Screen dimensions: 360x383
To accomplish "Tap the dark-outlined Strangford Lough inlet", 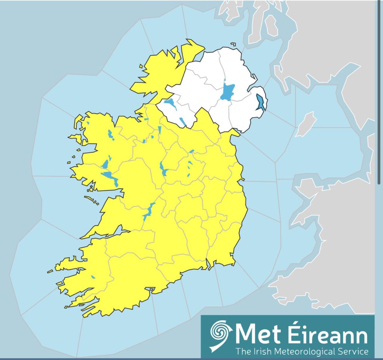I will (x=260, y=102).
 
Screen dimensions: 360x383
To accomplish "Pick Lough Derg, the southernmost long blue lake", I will (x=148, y=212).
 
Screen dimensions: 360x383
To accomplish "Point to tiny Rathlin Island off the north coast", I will (x=233, y=44).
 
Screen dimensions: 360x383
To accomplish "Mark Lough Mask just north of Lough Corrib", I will (x=106, y=163).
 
